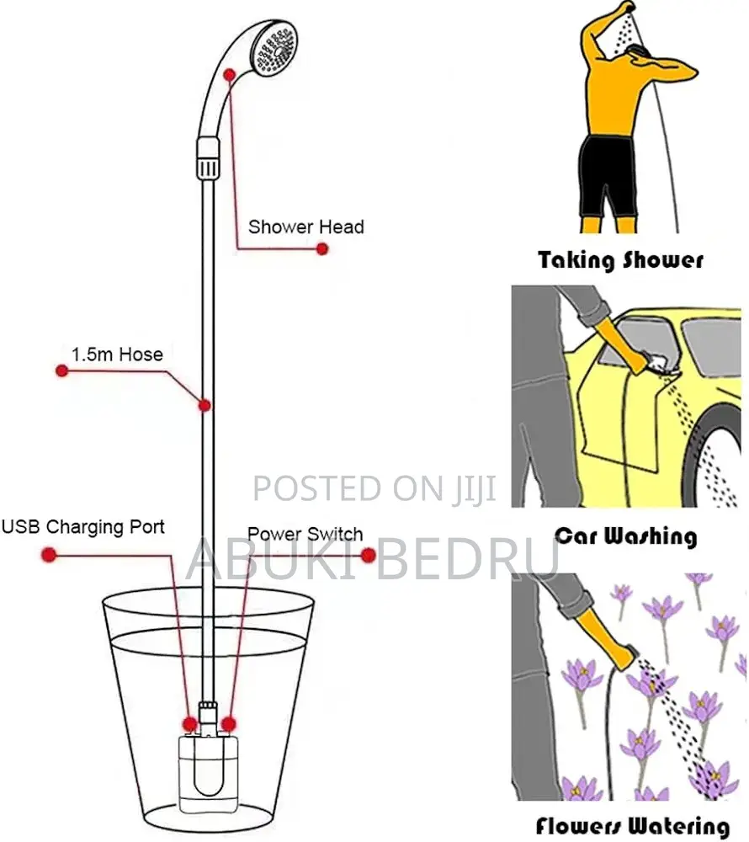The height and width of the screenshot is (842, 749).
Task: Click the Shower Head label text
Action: [305, 227]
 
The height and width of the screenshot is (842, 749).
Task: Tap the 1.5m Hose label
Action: [116, 354]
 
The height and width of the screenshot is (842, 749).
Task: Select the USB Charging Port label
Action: [82, 528]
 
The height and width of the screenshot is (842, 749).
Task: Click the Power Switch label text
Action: [305, 535]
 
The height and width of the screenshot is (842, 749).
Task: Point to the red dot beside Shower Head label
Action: [321, 249]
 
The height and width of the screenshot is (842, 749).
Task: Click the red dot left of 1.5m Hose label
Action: [61, 370]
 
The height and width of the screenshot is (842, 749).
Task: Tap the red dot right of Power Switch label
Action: [368, 555]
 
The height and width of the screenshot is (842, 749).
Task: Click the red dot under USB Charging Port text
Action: [49, 555]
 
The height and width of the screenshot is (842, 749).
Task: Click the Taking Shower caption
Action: [620, 259]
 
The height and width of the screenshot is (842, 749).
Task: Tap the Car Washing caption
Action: [625, 536]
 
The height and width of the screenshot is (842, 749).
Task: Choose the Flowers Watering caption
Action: [631, 826]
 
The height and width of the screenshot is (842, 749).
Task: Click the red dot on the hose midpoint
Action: [204, 405]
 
